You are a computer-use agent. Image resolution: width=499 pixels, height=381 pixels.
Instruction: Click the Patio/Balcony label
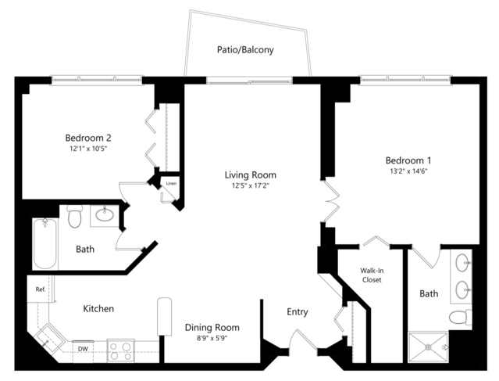(245, 50)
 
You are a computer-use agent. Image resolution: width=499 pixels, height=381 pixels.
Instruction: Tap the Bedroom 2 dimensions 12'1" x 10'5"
(88, 149)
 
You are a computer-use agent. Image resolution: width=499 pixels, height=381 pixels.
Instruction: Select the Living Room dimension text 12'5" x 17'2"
(251, 185)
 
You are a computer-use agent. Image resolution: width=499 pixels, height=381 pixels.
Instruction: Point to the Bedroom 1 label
(408, 160)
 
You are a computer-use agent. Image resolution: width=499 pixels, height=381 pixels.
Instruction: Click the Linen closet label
(171, 183)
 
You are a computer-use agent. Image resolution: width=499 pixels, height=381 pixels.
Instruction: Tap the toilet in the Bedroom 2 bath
(75, 216)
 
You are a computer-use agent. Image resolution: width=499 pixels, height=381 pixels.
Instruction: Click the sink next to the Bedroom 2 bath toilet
(105, 214)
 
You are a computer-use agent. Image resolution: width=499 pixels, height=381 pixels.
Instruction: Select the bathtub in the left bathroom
(45, 244)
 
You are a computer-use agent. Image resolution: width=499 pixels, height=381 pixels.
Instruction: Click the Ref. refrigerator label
(41, 289)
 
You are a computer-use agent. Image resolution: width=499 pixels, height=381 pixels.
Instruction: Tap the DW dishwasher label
(83, 349)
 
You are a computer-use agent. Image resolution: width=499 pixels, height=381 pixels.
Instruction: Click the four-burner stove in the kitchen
(120, 350)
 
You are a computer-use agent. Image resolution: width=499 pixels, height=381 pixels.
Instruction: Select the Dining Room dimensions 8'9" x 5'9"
(212, 338)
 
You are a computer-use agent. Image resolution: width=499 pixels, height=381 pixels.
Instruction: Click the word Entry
(298, 312)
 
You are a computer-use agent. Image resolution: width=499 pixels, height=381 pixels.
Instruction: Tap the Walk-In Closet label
(372, 275)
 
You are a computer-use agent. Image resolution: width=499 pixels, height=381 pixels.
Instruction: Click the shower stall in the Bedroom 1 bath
(429, 347)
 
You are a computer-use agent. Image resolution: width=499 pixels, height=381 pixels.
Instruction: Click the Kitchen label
(98, 308)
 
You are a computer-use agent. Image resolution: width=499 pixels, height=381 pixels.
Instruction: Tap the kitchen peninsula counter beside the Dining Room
(165, 317)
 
